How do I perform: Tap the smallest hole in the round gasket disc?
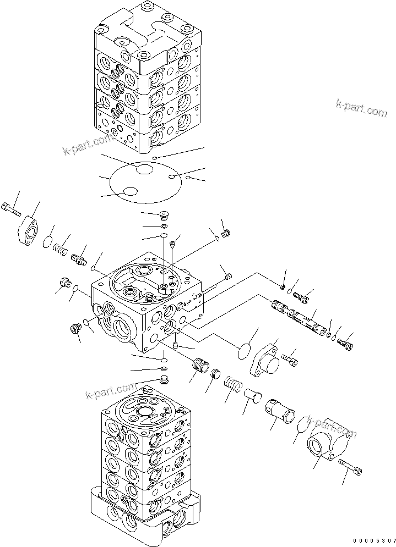pos(172,177)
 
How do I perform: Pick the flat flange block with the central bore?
pos(31,229)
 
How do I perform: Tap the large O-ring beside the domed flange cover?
pos(243,351)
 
